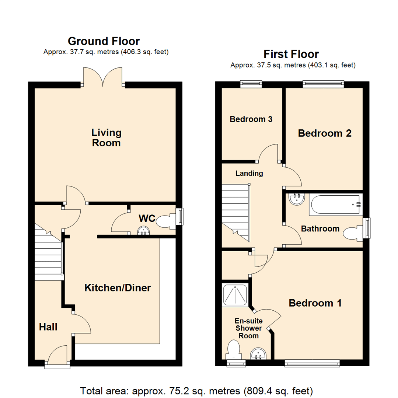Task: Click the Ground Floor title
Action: coord(104,41)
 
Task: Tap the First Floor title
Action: coord(291,55)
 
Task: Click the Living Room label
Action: coord(107,137)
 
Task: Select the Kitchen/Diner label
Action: coord(118,288)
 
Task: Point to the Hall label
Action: coord(48,327)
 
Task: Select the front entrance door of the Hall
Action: coord(58,356)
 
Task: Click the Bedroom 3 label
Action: coord(251,119)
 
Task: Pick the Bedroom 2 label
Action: coord(324,133)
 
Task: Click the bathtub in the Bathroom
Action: coord(335,205)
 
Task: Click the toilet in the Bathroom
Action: coord(352,233)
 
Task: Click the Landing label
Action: coord(249,173)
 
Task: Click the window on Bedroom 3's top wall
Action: coord(251,84)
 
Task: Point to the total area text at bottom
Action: coord(197,390)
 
